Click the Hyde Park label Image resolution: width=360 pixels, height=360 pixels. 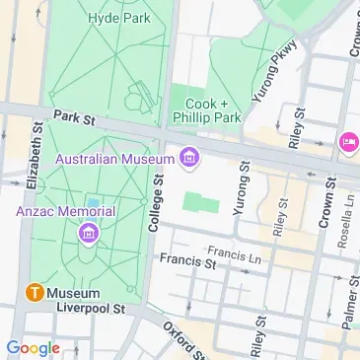pyautogui.click(x=113, y=18)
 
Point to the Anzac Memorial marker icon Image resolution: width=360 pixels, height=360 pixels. pyautogui.click(x=88, y=233)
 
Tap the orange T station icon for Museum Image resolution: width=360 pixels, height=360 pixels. pyautogui.click(x=34, y=293)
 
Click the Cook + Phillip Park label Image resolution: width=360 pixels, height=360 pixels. pyautogui.click(x=208, y=111)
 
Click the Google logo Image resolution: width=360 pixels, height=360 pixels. pyautogui.click(x=33, y=347)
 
